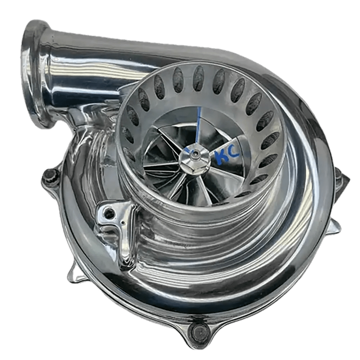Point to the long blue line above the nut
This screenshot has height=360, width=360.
(x=198, y=126)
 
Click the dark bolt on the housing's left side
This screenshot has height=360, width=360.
(x=50, y=176)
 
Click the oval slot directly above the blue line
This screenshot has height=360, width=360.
(x=198, y=77)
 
